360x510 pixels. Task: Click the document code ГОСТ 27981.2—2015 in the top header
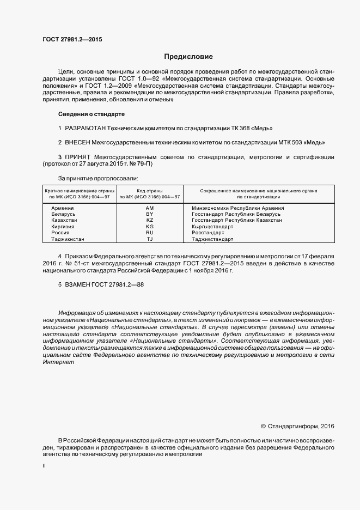[72, 39]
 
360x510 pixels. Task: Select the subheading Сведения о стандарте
[91, 114]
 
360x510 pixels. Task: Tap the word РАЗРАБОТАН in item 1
[84, 129]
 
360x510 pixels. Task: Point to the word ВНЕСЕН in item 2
[77, 143]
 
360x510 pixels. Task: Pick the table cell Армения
[63, 208]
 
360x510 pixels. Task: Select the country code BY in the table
[150, 215]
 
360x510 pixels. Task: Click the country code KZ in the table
[150, 220]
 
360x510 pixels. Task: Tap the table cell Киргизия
[63, 226]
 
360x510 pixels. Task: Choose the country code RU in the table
[150, 232]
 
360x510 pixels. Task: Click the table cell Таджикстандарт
[212, 239]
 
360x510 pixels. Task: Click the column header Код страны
[150, 191]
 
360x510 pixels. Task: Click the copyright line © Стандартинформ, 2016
[298, 426]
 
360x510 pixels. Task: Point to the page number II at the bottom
[44, 466]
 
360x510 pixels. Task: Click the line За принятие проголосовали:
[98, 178]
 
